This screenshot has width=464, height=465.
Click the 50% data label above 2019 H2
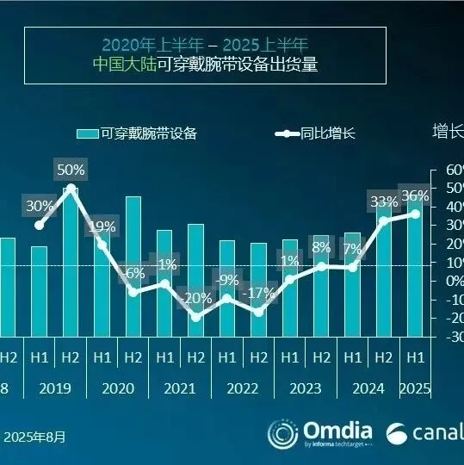70,169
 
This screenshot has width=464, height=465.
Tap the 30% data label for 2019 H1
40,206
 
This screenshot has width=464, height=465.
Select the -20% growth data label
195,298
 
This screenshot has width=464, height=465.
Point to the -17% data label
257,293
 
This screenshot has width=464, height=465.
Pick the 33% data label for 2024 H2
384,201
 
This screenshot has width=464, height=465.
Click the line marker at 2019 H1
40,226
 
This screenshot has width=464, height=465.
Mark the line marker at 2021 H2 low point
195,317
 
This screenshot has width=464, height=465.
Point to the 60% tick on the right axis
453,170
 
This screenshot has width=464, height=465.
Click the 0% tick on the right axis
453,281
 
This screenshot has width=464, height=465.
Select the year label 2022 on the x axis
242,388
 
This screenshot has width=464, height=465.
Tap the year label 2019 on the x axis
55,388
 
